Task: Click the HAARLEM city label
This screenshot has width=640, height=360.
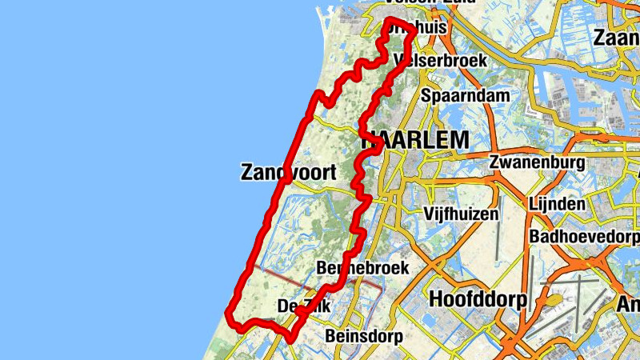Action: point(416,140)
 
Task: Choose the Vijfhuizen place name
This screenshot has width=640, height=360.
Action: point(462,214)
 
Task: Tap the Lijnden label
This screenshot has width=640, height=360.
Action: point(557,204)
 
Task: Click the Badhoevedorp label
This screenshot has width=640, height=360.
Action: point(585,238)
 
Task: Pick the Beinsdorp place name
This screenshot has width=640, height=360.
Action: point(364,336)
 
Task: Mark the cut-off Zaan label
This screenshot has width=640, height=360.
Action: point(616,38)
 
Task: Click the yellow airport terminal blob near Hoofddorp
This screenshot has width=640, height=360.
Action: point(552,300)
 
